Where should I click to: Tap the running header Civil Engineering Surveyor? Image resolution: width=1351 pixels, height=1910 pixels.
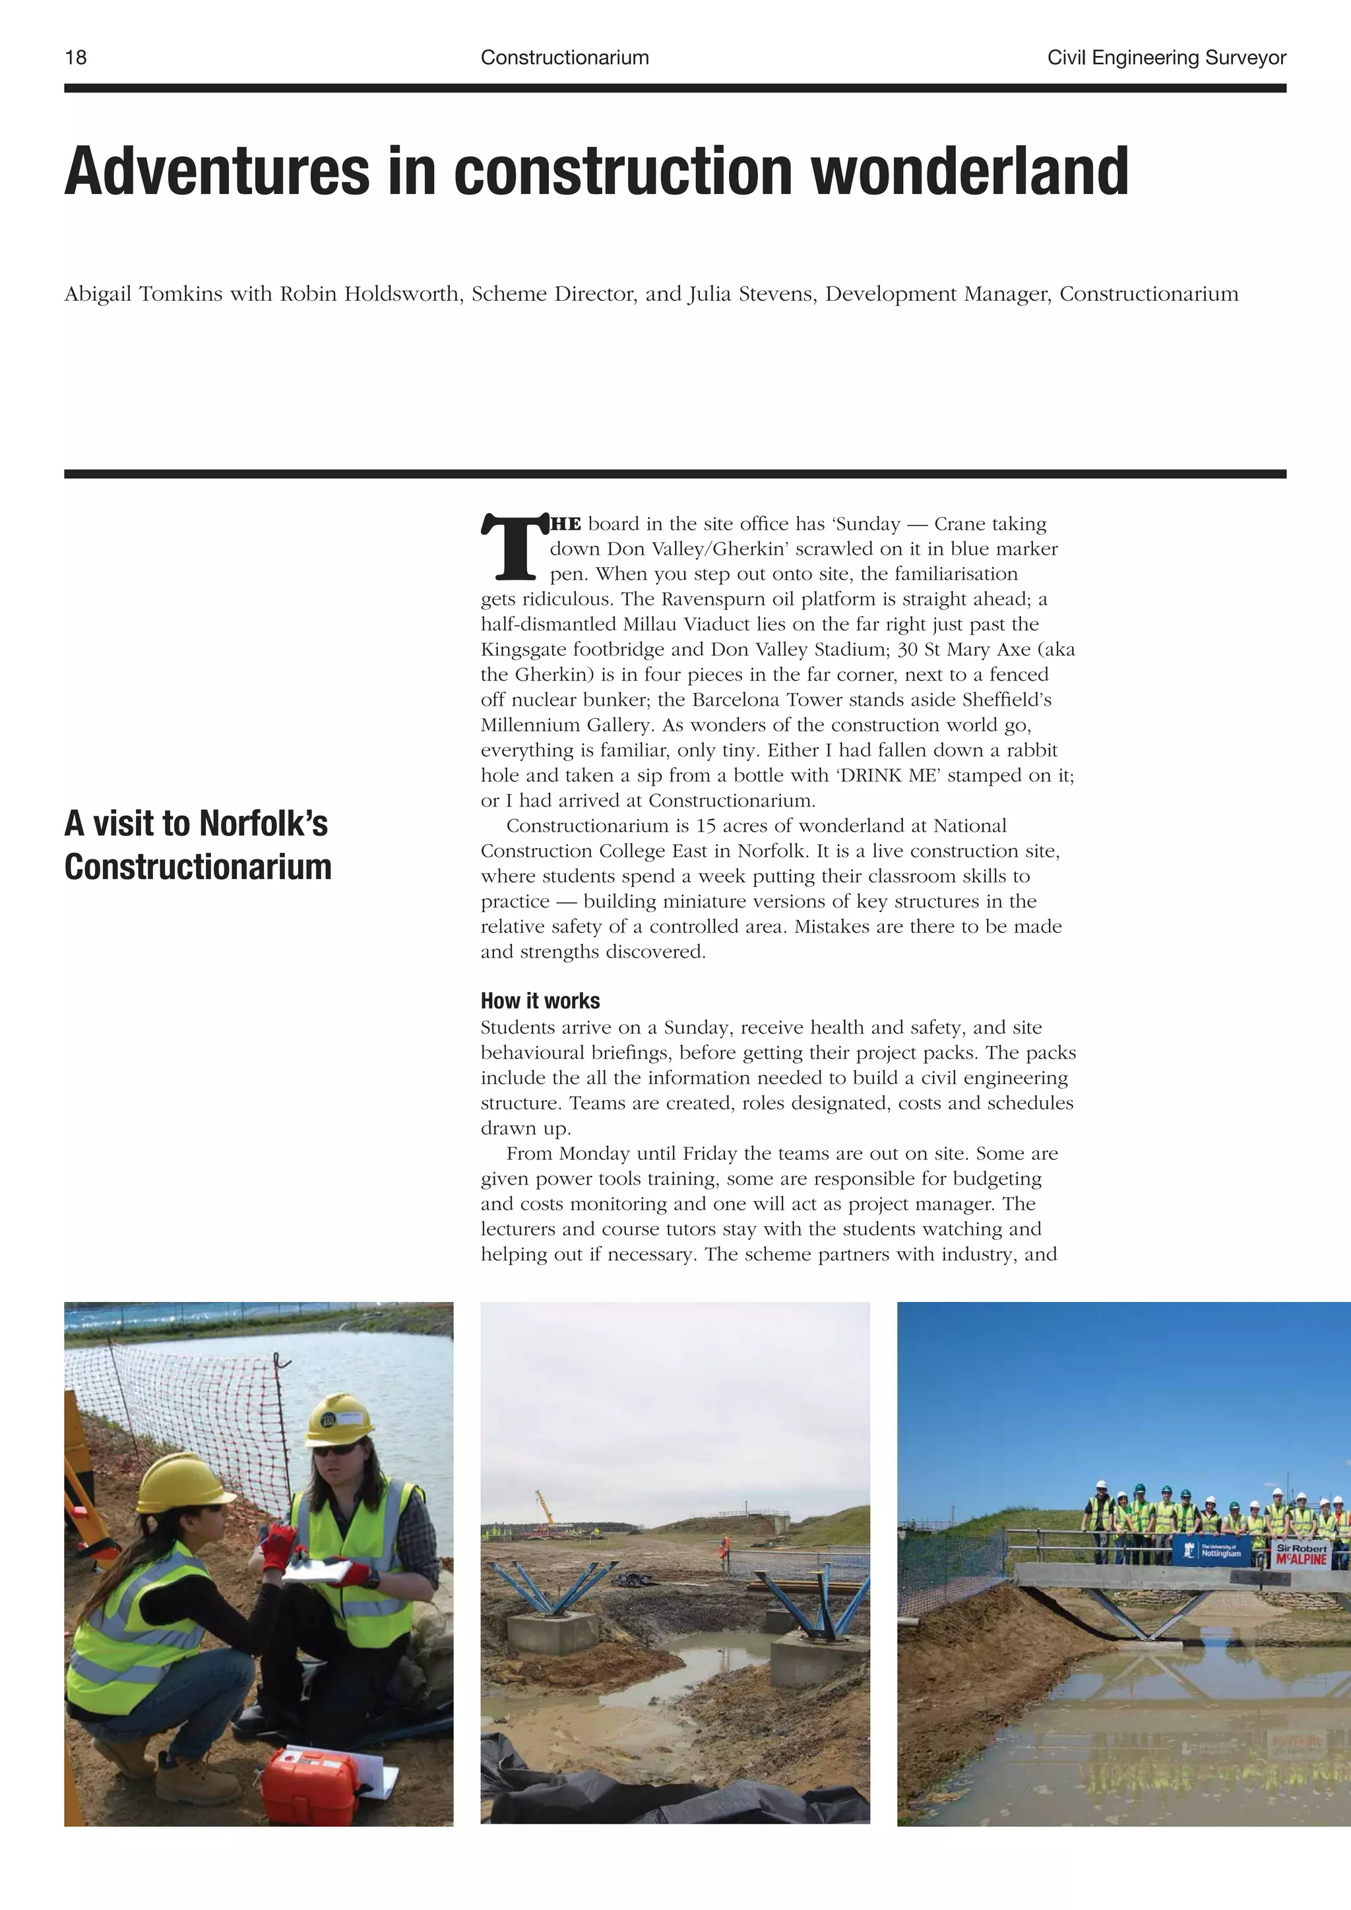pos(1166,57)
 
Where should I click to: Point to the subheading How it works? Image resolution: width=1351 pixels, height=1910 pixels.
pos(540,1001)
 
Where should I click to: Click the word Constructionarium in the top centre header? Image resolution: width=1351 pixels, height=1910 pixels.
pos(564,57)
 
